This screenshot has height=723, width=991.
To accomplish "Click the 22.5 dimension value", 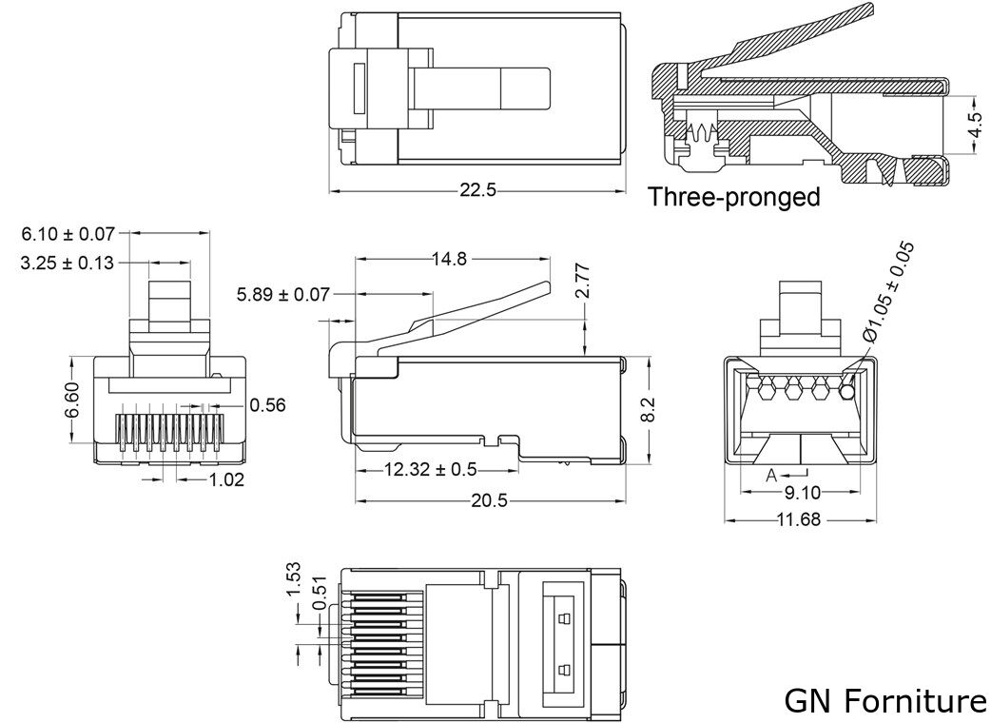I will click(x=477, y=189).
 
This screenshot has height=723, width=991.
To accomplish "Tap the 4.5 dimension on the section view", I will click(x=973, y=125).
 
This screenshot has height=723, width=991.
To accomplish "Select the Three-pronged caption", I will click(x=733, y=197).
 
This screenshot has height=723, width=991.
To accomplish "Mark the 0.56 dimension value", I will click(x=267, y=405).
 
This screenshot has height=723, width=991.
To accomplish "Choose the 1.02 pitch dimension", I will click(x=226, y=479).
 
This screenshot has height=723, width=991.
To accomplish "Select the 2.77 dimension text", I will click(x=582, y=283).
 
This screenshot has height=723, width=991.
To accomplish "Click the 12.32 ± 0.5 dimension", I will click(x=431, y=470).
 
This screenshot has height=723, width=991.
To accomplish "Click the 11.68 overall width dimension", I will click(x=799, y=519).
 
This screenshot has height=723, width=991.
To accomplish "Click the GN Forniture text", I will click(x=884, y=701).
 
